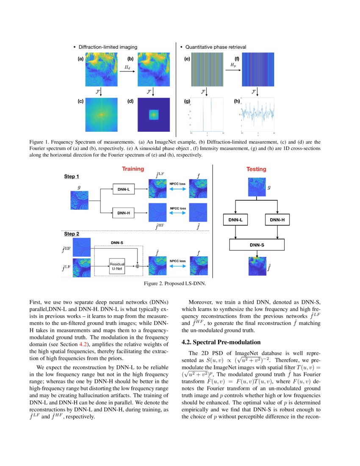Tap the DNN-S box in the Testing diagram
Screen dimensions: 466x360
tap(257, 245)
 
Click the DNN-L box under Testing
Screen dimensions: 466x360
tap(235, 220)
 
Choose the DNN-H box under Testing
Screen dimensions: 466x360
tap(277, 220)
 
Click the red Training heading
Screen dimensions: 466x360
tap(133, 169)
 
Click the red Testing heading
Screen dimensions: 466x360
tap(256, 169)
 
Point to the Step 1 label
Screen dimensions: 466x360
tap(72, 176)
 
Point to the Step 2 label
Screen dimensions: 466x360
tap(72, 233)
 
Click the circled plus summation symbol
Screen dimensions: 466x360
tap(137, 266)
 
